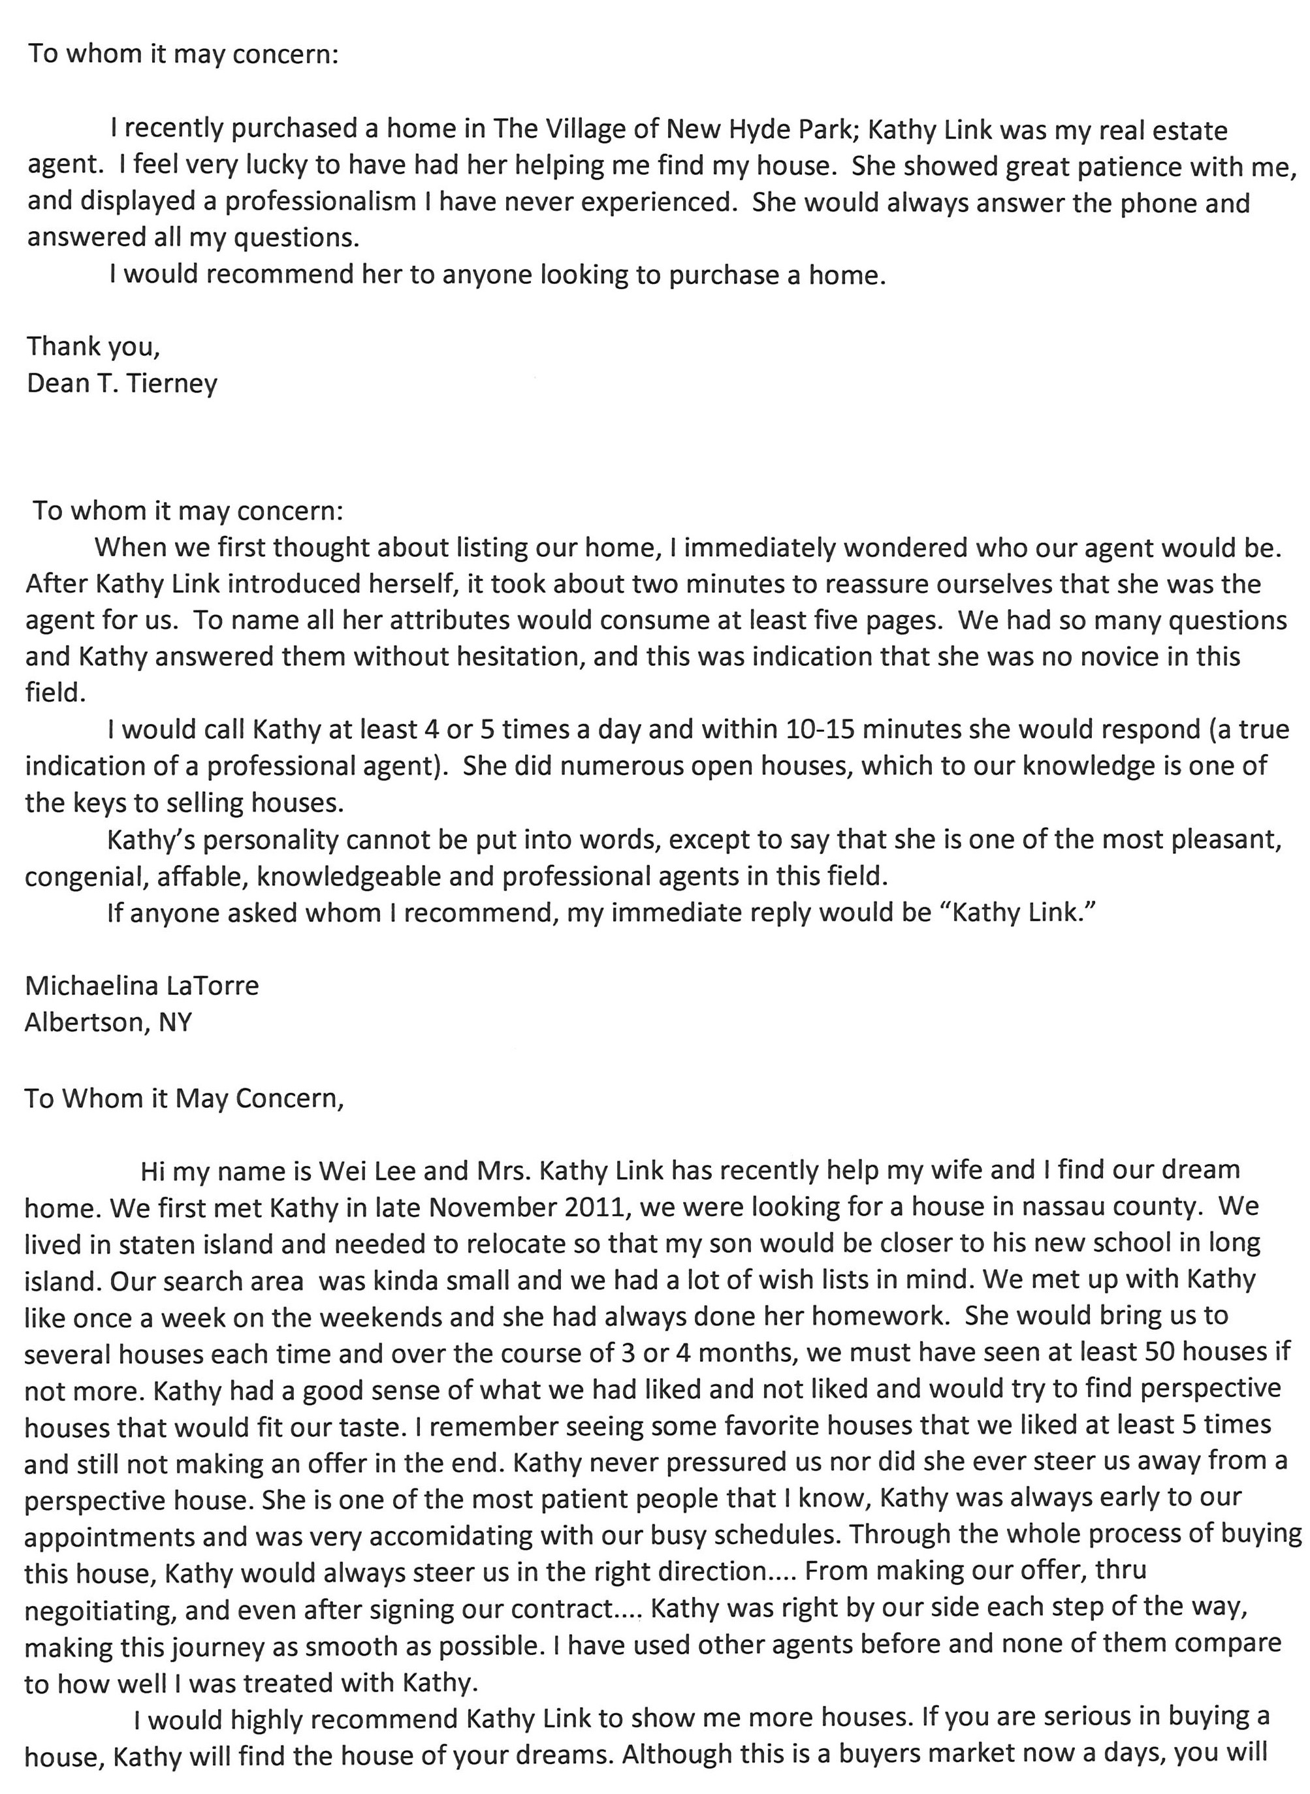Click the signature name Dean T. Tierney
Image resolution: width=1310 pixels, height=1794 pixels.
coord(122,384)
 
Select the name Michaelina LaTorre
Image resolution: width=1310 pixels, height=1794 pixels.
coord(142,985)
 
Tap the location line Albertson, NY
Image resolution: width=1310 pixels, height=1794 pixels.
coord(108,1022)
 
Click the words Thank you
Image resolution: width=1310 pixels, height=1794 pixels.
coord(93,347)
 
